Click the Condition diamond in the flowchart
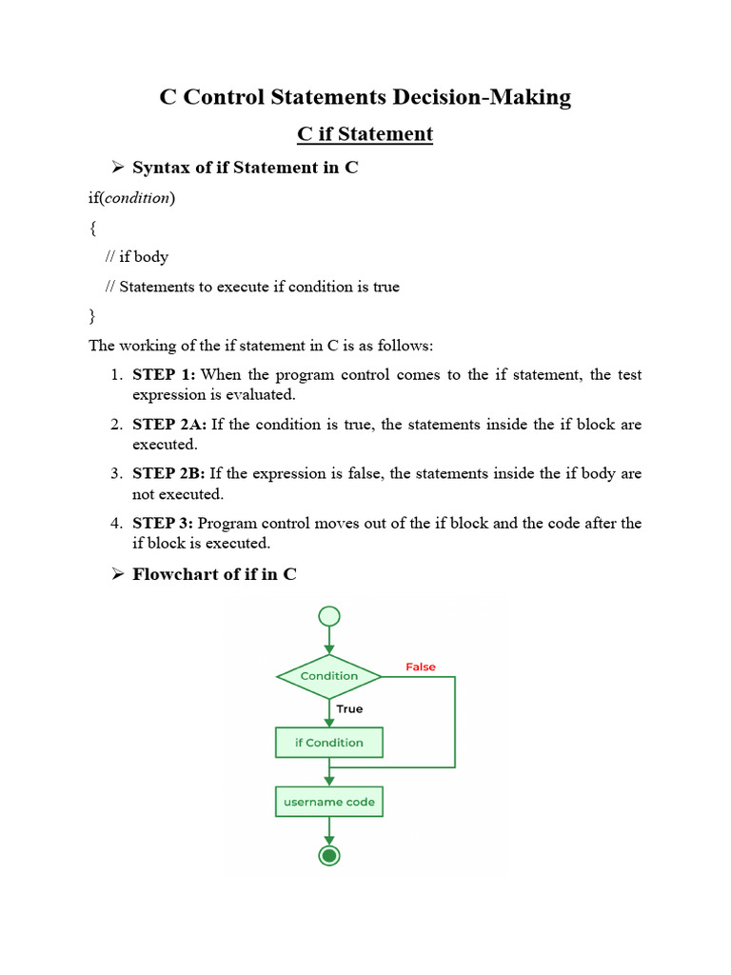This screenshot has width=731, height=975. (329, 676)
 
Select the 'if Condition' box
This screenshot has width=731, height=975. (329, 743)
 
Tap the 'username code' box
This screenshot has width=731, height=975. (329, 802)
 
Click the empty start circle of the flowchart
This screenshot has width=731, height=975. (329, 616)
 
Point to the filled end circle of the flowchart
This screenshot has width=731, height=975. (329, 856)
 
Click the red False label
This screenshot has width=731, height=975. (421, 667)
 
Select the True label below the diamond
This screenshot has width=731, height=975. (349, 708)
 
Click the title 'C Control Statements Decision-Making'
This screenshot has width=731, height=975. (365, 97)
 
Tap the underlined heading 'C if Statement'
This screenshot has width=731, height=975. (365, 134)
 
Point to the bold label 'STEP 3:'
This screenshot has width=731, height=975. (164, 524)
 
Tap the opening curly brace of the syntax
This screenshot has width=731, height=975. (92, 228)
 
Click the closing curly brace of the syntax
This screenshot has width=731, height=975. (92, 315)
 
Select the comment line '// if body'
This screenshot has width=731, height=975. (137, 257)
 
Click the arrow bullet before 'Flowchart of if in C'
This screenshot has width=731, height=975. (118, 574)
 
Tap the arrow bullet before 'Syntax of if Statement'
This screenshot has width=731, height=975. (118, 168)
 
